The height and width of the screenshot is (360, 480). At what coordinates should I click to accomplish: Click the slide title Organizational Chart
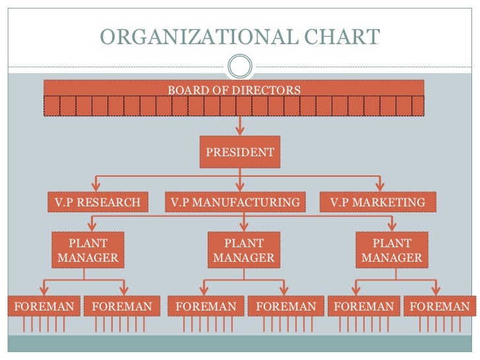pos(239,36)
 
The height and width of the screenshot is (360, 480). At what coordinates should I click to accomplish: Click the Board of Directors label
pos(234,90)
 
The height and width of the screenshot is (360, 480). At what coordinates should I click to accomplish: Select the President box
pos(240,152)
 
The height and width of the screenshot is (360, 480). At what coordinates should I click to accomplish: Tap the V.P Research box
pos(97,202)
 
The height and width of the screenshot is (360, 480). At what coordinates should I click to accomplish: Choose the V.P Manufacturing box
pos(235,202)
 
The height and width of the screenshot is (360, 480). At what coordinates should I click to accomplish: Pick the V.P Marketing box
pos(378,202)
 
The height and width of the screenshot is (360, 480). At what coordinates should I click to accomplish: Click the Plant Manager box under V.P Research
pos(88,251)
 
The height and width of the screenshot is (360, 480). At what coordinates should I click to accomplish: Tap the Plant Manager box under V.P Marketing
pos(392,251)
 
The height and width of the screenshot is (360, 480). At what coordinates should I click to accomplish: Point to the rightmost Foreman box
pos(440,307)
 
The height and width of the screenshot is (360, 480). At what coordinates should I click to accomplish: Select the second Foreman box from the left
pos(122,307)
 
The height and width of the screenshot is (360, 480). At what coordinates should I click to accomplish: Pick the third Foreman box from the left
pos(206,307)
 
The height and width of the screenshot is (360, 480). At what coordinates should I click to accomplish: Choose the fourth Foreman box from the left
pos(286,307)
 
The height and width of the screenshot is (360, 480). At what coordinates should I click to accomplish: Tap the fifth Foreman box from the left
pos(364,307)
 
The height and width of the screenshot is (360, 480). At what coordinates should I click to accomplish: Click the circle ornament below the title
pos(239,66)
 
